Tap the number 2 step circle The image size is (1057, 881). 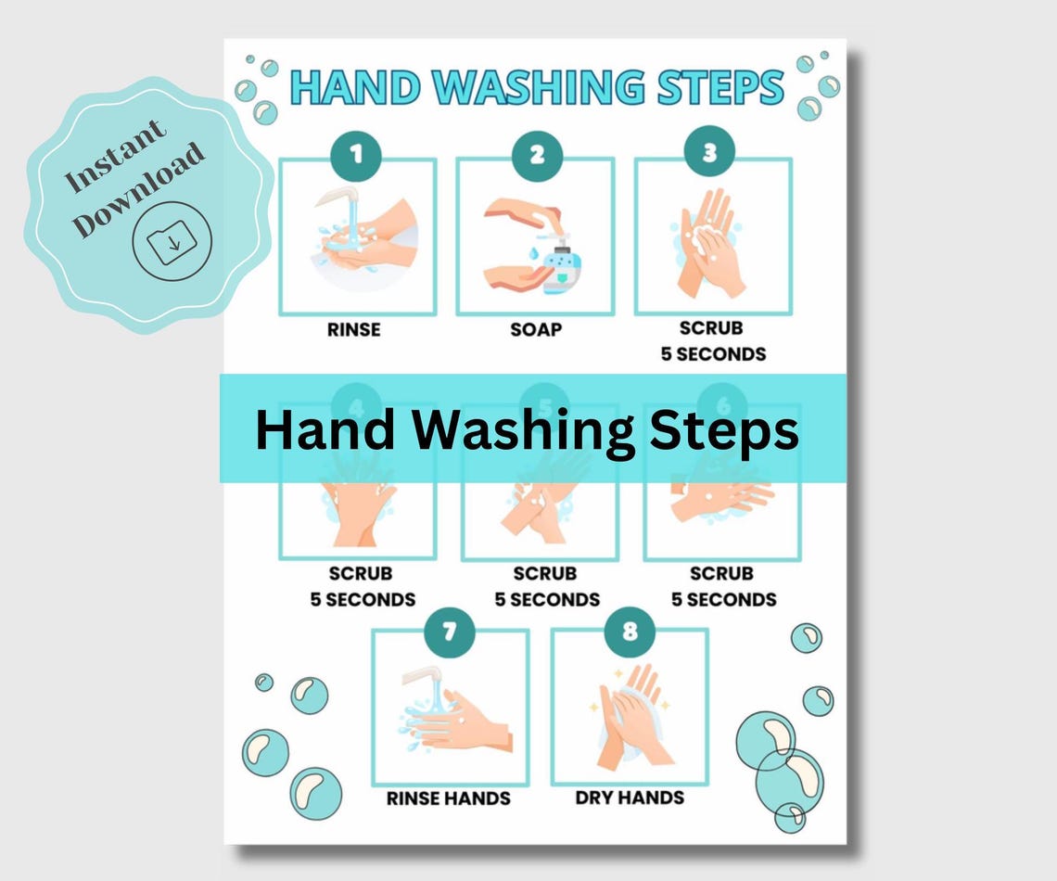537,155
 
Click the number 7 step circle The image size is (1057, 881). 450,632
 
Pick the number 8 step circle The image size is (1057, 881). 630,632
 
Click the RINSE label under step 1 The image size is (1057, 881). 353,329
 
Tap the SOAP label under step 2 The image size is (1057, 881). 536,329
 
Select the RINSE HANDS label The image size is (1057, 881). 449,798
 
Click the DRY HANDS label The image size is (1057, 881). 630,798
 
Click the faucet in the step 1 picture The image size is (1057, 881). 340,198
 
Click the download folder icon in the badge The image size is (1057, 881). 172,242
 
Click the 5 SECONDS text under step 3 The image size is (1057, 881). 713,354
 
